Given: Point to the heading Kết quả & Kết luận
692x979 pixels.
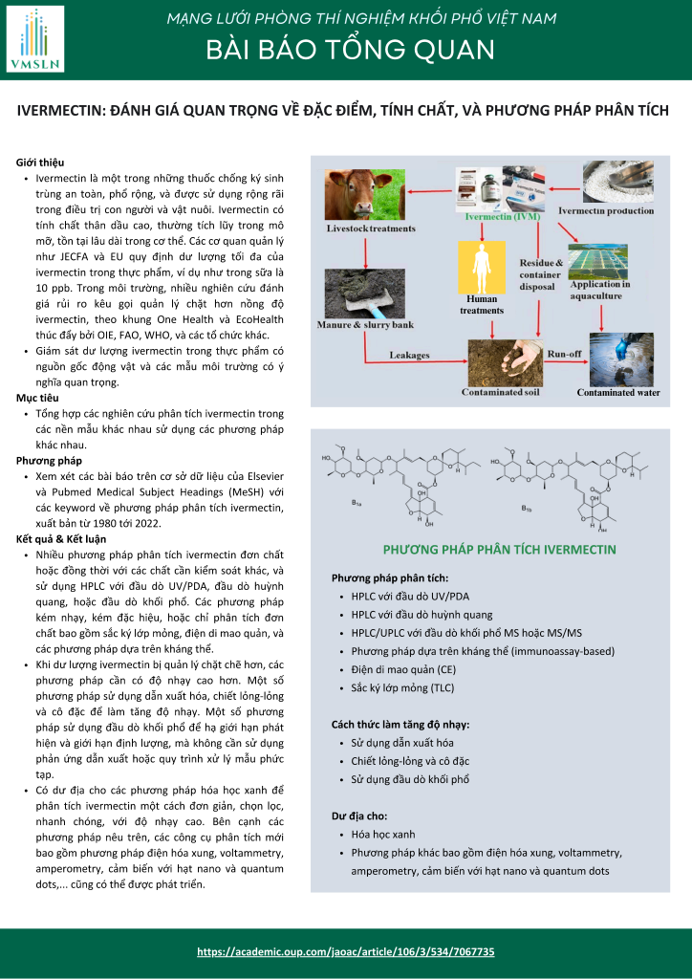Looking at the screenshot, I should [x=61, y=538].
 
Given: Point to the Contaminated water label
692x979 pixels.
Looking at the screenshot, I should [x=618, y=392].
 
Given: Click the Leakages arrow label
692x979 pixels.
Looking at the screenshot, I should [x=409, y=354].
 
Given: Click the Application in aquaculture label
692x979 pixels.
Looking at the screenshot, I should [x=600, y=290].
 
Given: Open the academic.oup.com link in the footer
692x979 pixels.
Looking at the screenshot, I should [x=345, y=951].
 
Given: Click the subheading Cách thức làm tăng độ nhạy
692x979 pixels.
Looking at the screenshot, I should [x=400, y=724].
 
